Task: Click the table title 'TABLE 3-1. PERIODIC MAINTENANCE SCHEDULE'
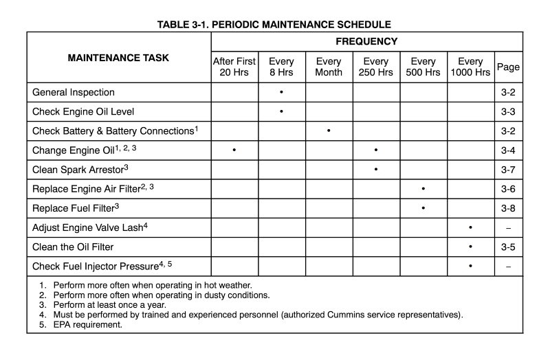click(274, 25)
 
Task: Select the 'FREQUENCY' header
click(366, 42)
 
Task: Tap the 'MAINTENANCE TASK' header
click(118, 58)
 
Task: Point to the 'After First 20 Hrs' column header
click(234, 67)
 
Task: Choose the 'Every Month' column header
click(329, 67)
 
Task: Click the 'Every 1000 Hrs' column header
click(470, 67)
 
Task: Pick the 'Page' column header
click(508, 67)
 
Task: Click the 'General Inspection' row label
click(74, 92)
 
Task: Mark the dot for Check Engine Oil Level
click(281, 111)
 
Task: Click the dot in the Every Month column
click(329, 131)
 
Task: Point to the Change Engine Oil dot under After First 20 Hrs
click(234, 150)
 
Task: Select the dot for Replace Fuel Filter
click(423, 207)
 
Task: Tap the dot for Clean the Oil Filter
click(470, 246)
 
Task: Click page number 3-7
click(508, 169)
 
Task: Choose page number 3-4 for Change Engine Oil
click(508, 150)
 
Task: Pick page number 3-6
click(508, 188)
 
